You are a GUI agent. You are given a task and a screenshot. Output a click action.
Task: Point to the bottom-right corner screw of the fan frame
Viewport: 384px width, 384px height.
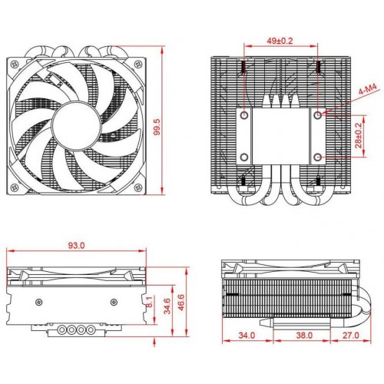coord(139,185)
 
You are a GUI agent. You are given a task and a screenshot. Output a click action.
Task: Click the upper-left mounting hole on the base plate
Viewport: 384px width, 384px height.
coord(243,114)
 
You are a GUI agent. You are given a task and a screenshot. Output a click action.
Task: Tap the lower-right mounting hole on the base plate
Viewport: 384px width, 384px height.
coord(318,157)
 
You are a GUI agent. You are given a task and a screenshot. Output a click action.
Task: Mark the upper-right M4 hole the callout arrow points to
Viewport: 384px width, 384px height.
coord(318,114)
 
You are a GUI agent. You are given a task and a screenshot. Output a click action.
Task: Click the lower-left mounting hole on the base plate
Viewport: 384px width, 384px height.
coord(243,157)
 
